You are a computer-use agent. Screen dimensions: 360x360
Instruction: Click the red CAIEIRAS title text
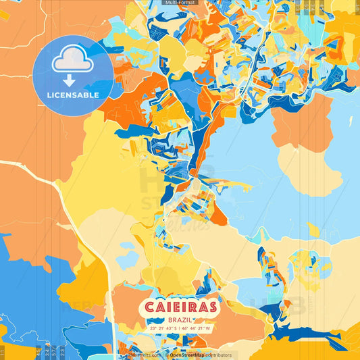coord(179,307)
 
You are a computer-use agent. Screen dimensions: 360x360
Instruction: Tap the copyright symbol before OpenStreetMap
coord(166,355)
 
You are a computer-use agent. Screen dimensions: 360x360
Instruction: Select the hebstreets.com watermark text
coord(143,355)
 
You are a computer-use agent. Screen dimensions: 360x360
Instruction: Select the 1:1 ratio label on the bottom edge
coord(3,353)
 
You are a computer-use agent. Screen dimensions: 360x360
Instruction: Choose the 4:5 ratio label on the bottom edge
coord(39,353)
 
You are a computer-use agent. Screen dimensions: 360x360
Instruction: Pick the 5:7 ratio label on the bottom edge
coord(54,353)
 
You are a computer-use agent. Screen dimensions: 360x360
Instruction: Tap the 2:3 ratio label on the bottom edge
coord(62,353)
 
